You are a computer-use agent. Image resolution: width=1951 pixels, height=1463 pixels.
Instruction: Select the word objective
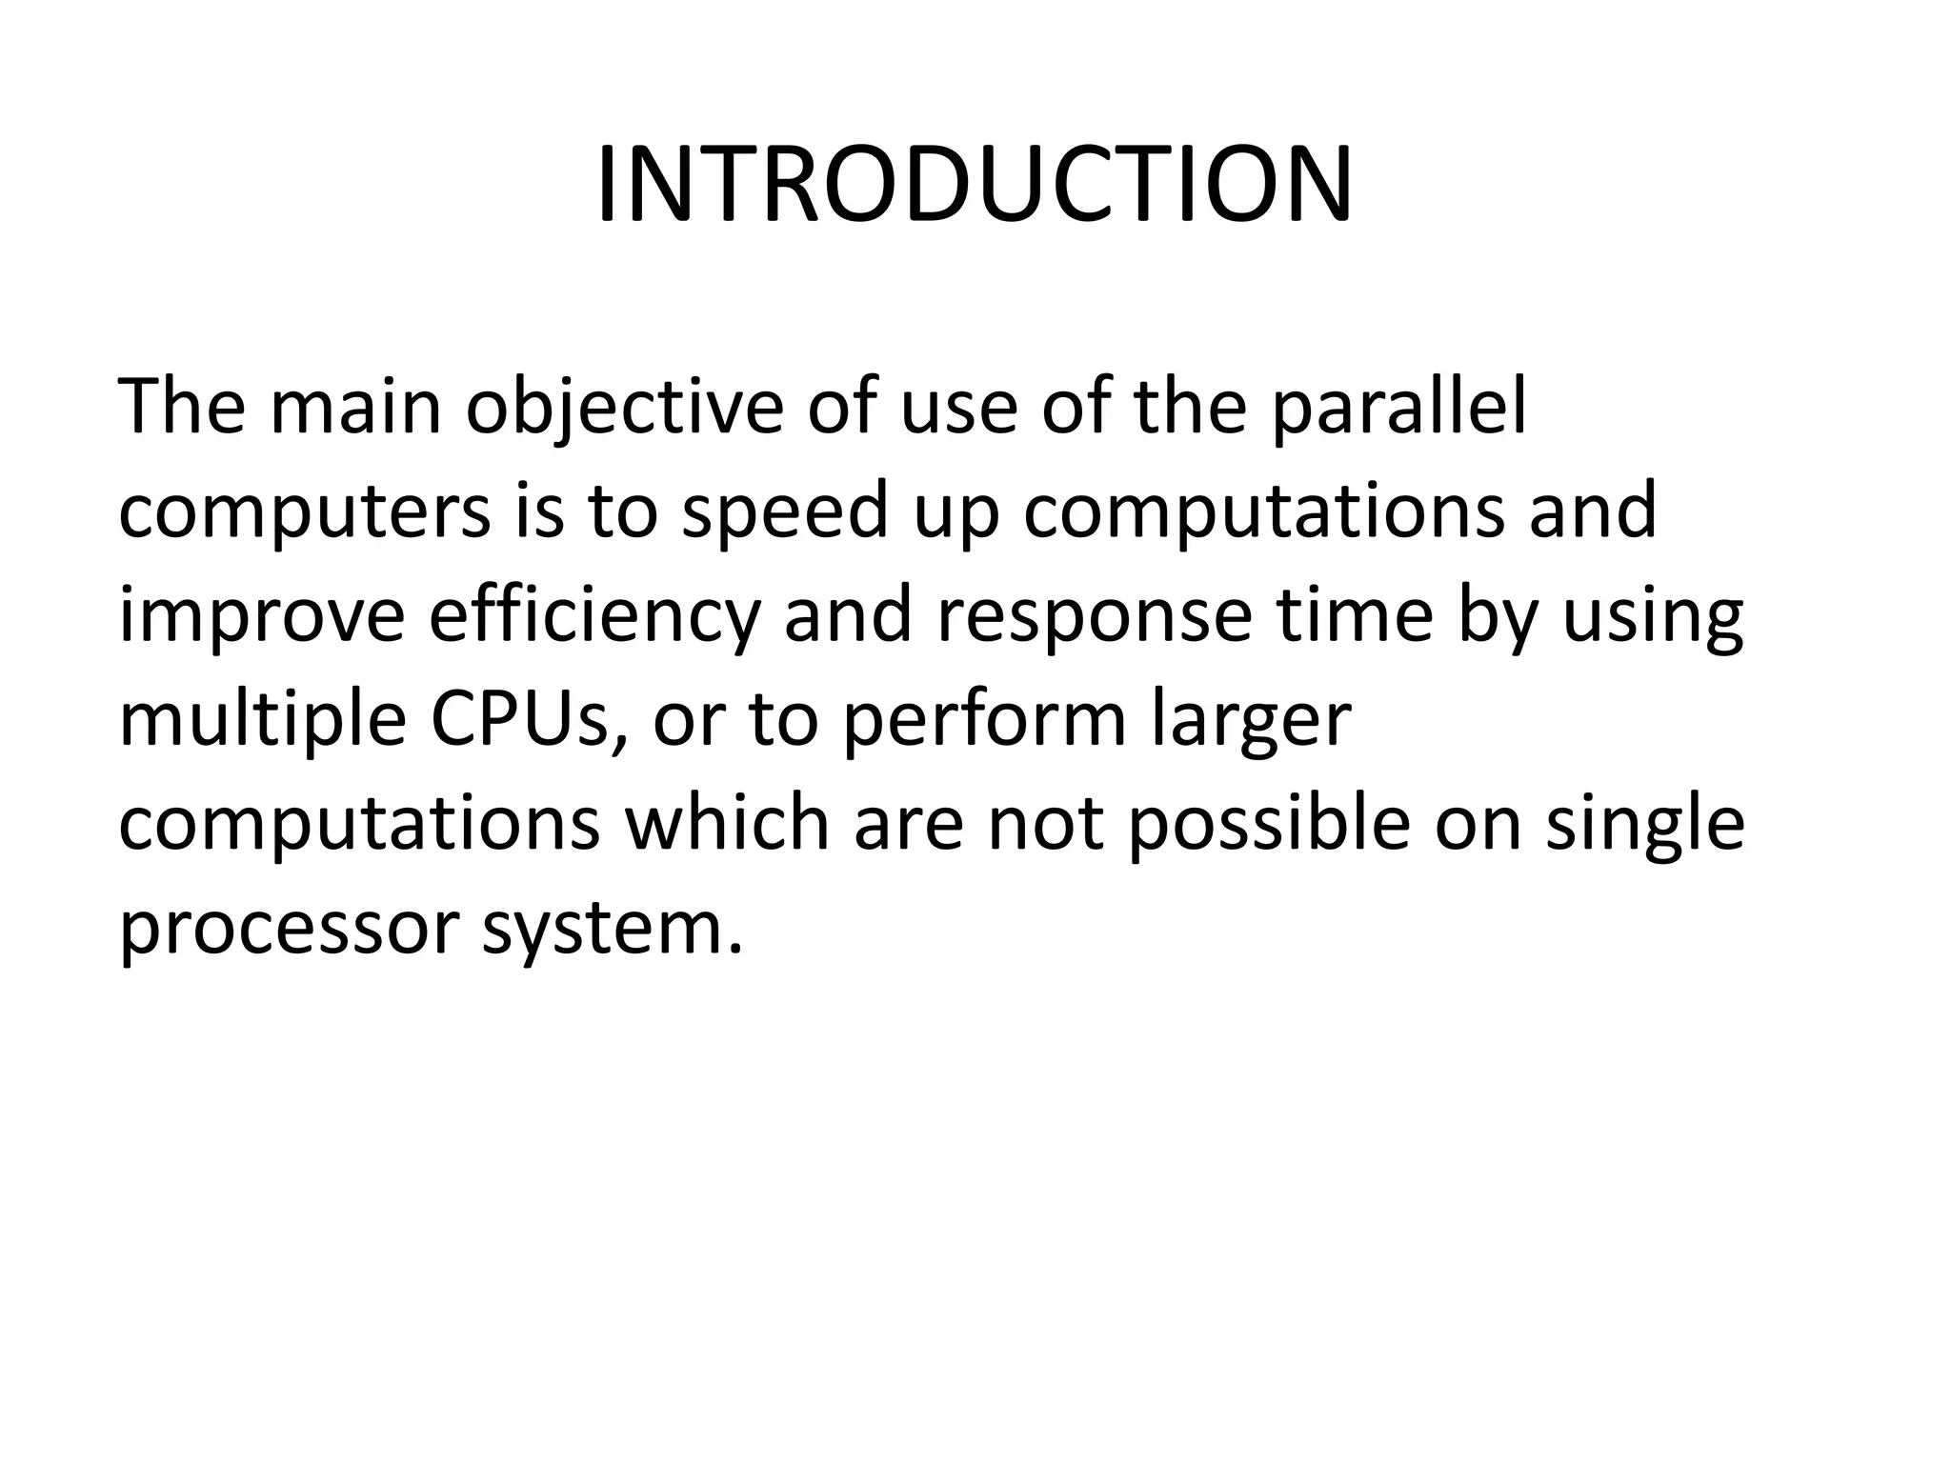tap(624, 408)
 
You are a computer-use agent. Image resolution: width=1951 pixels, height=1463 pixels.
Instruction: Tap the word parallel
tap(1399, 408)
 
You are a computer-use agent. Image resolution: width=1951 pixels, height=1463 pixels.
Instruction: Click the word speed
tap(786, 511)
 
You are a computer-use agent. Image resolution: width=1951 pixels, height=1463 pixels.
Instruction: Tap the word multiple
tap(263, 720)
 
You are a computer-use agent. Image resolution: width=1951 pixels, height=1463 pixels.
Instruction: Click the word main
tap(356, 408)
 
